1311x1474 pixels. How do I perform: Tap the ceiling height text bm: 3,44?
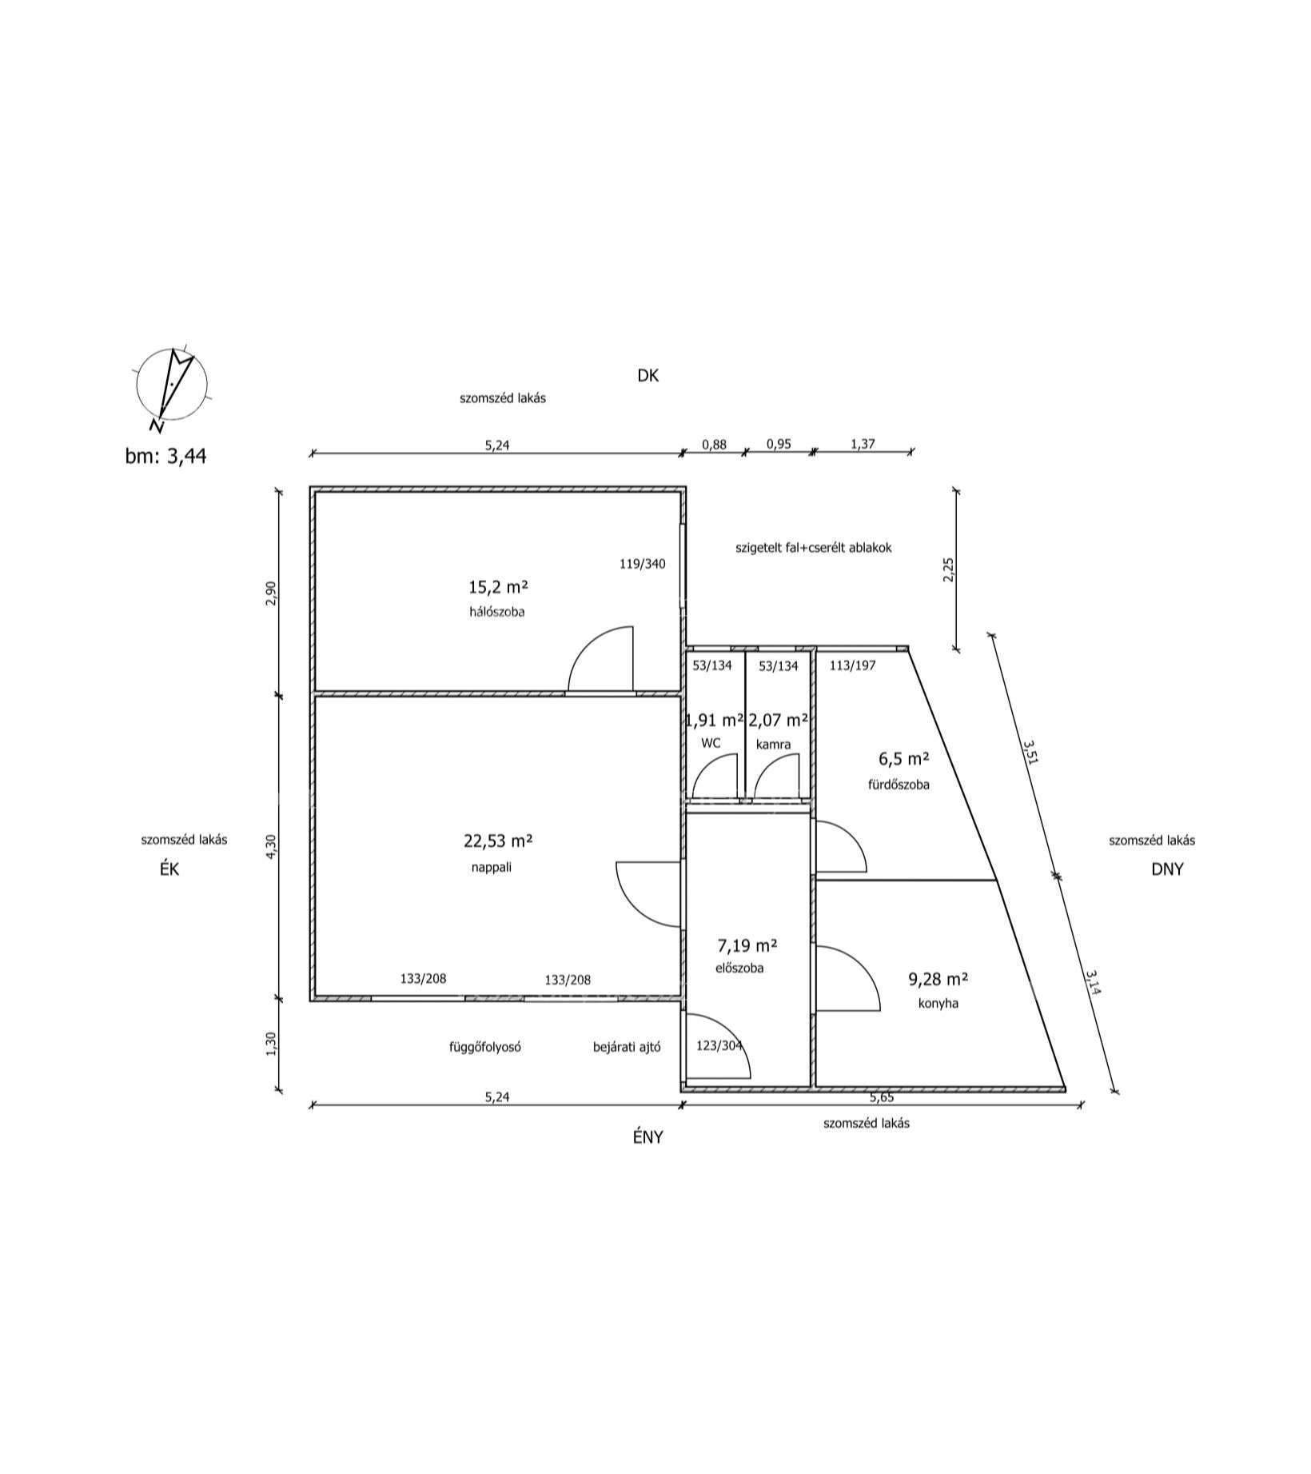[165, 456]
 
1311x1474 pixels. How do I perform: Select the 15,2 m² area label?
[498, 587]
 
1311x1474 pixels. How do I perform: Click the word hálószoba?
[497, 613]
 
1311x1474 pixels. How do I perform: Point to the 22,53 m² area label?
[498, 841]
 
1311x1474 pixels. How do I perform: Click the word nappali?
[491, 866]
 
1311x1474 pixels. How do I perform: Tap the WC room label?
[711, 743]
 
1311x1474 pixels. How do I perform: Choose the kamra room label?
[773, 744]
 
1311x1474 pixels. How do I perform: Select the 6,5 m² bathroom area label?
[903, 758]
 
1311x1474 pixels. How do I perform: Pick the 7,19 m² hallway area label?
[747, 945]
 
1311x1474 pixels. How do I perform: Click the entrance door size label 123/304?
[719, 1045]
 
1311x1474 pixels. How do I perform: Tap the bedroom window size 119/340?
[642, 564]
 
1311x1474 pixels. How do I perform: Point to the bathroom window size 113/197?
[852, 665]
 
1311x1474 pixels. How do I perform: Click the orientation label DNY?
[1166, 869]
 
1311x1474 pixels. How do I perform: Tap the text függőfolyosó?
[485, 1046]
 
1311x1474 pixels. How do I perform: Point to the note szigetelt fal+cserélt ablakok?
[813, 548]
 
